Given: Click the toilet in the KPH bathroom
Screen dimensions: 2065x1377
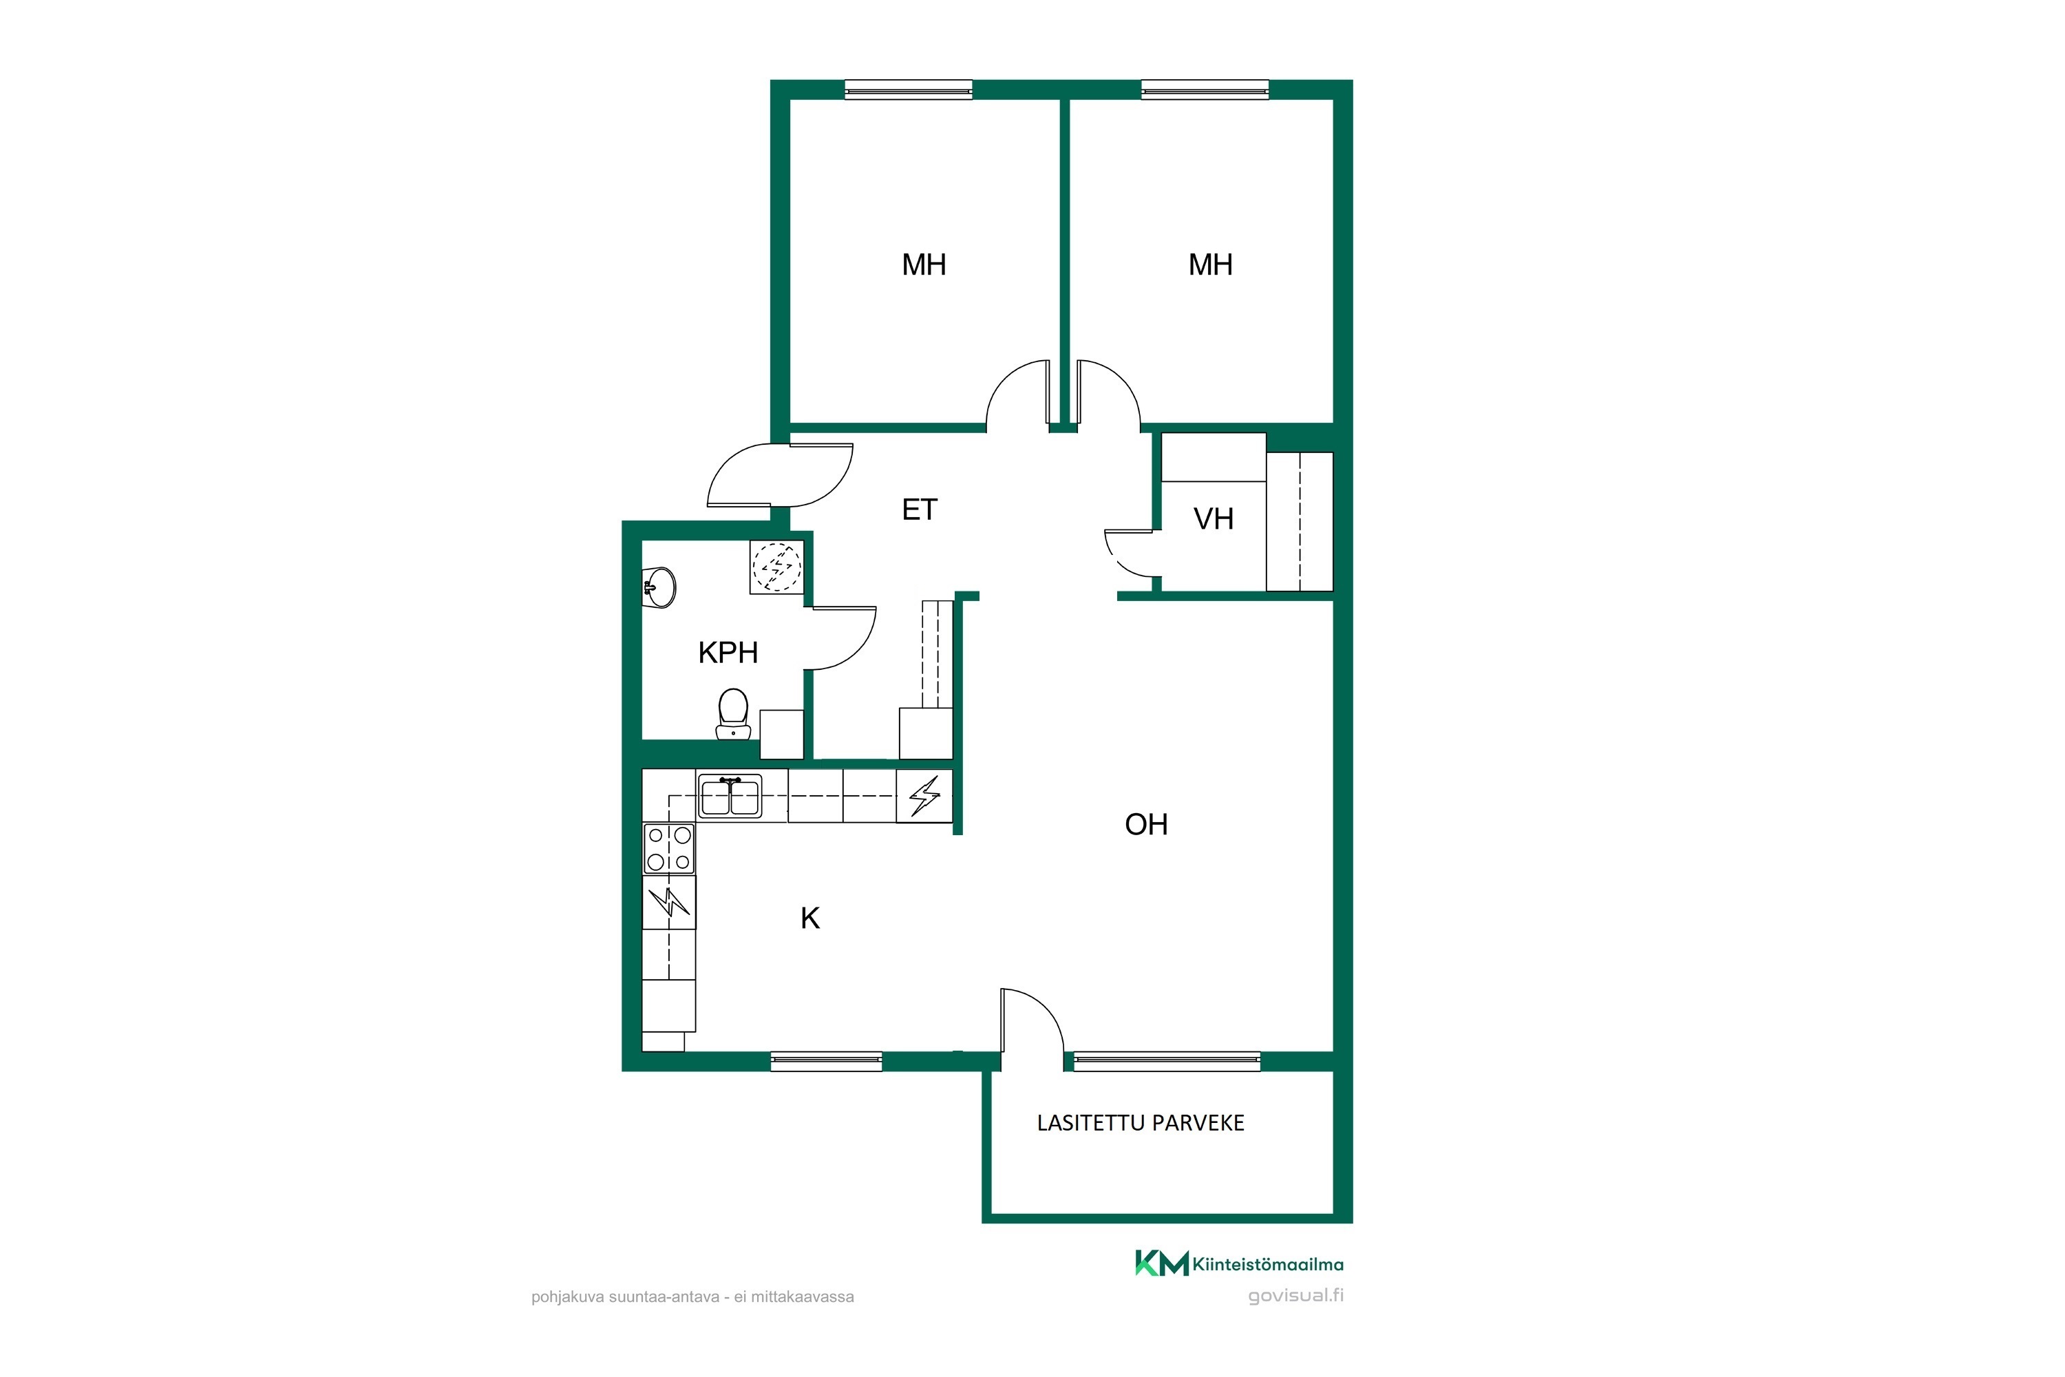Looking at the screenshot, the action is (732, 714).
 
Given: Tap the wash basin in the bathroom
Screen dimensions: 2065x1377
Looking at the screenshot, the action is (660, 587).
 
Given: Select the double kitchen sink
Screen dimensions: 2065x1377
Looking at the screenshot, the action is (730, 797).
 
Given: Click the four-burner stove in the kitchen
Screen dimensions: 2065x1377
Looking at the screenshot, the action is (669, 848).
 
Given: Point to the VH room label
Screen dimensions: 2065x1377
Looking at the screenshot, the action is (1214, 519).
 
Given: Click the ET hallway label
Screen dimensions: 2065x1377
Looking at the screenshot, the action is (919, 509).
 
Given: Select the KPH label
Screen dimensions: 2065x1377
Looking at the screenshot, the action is (728, 653).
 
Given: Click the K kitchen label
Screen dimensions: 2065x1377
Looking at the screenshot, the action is (809, 918).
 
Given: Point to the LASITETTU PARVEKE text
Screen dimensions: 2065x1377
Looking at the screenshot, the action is (1141, 1123).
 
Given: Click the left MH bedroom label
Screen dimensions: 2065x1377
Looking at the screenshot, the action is (924, 264).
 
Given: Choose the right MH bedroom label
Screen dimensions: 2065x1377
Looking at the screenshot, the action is (1210, 264).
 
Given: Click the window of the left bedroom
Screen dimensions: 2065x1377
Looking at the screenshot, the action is (908, 89).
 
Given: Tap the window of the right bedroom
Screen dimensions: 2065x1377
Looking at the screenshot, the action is (1205, 89).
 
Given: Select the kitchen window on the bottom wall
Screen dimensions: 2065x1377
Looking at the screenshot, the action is (826, 1061).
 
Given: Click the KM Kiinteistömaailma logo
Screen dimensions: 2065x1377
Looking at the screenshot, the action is (1239, 1263).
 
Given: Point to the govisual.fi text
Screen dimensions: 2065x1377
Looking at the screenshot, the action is (1296, 1296).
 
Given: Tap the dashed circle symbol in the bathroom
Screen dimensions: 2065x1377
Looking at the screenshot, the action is (777, 567).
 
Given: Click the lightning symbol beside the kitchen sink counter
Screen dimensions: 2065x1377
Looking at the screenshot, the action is (924, 797).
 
